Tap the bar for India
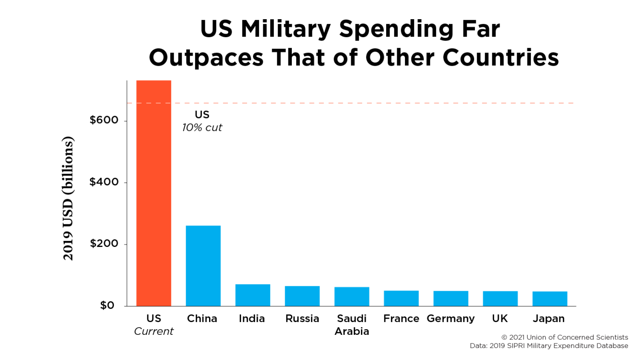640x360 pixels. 253,295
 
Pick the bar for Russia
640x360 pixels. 302,296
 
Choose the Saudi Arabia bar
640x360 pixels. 352,296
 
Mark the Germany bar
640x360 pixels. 451,298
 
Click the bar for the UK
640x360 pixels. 500,298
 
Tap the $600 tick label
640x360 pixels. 104,120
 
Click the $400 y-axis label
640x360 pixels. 104,182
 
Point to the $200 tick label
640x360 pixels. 104,244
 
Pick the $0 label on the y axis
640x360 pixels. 107,305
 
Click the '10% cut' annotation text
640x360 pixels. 202,128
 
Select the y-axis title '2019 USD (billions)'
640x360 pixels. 68,198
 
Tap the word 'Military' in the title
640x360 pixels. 285,29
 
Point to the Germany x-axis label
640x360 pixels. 451,319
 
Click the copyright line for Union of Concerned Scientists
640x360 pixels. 564,337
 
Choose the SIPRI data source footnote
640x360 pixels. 549,345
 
